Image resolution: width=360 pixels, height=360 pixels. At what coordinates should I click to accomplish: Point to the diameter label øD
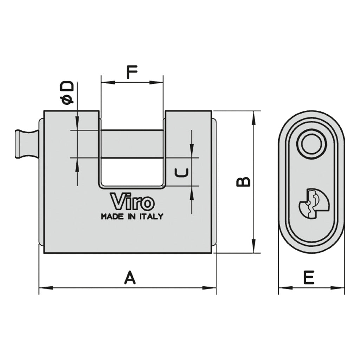[67, 93]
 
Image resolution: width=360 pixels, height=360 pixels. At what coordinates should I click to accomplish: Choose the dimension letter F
[131, 72]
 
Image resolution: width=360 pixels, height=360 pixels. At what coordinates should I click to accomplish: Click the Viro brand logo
[133, 202]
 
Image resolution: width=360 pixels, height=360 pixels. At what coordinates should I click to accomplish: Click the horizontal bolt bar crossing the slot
[132, 144]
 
